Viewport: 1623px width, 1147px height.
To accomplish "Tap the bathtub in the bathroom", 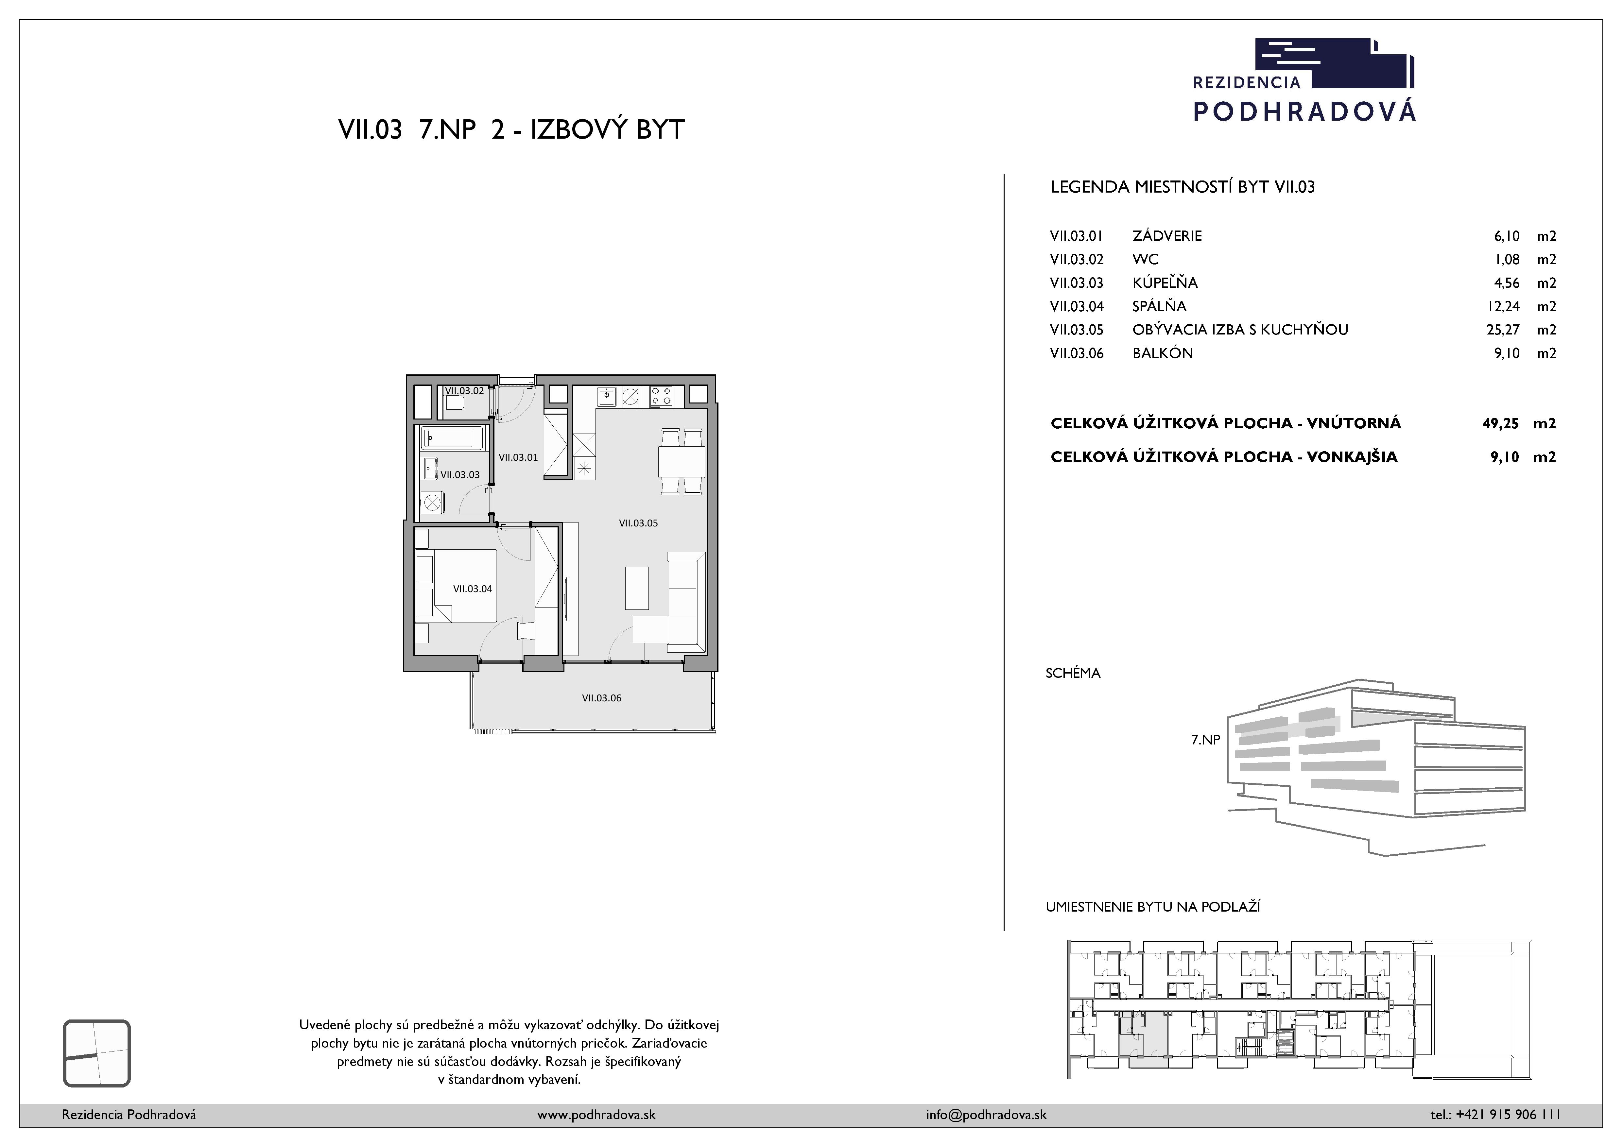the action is pos(453,438).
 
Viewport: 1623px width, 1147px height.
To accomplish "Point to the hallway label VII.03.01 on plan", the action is pos(518,457).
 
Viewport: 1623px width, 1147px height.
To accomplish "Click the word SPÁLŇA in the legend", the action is pos(1159,306).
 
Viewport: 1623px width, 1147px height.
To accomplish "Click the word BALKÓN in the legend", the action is pos(1162,353).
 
